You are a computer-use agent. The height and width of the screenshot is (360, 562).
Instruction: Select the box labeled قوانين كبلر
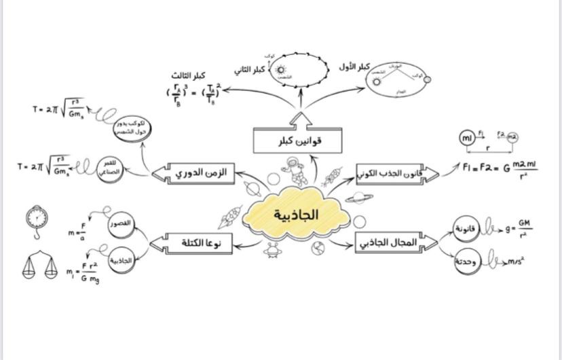(297, 141)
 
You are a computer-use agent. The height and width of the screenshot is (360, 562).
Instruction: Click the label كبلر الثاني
(250, 70)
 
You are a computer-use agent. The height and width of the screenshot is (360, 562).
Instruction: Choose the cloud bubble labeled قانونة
(468, 229)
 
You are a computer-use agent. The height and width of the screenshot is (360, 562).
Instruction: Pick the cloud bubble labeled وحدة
(468, 262)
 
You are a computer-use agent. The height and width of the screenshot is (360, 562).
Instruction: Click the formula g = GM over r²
(519, 228)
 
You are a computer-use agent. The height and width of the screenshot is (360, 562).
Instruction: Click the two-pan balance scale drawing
(41, 266)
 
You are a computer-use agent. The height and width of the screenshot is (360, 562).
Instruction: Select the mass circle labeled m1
(467, 138)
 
